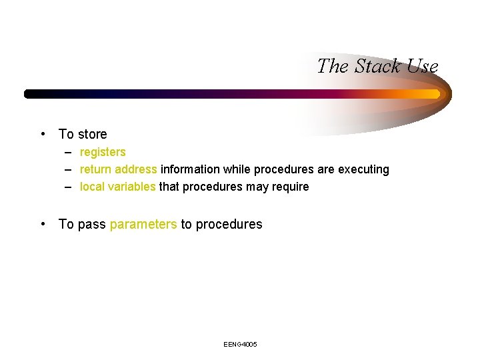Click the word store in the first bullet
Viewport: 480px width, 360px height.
pyautogui.click(x=92, y=134)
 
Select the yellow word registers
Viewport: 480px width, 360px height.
pyautogui.click(x=103, y=152)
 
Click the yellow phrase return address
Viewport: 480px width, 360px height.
pyautogui.click(x=119, y=169)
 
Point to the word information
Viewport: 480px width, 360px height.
pyautogui.click(x=190, y=169)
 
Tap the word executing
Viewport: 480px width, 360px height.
pyautogui.click(x=363, y=169)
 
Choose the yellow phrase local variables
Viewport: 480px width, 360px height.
pyautogui.click(x=117, y=187)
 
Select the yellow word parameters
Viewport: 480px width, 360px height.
pyautogui.click(x=143, y=224)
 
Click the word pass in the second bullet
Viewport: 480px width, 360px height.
pyautogui.click(x=92, y=224)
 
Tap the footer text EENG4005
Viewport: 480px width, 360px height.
pyautogui.click(x=241, y=344)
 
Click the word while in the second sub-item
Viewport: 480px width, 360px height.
pyautogui.click(x=237, y=169)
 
